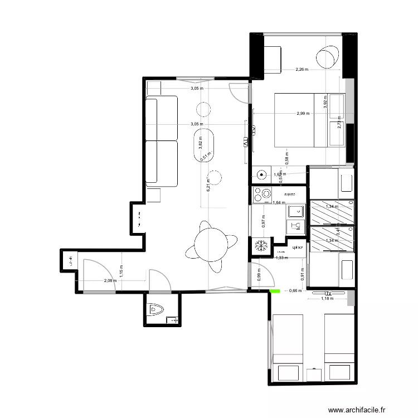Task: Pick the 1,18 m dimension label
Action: tap(327, 298)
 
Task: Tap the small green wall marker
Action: tap(274, 290)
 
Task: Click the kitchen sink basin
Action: tap(294, 211)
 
